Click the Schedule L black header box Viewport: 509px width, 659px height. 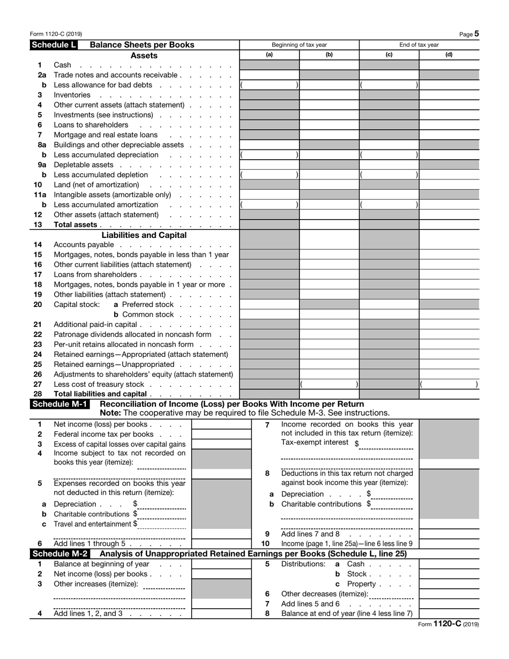click(x=54, y=45)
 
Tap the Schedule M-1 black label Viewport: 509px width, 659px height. click(x=61, y=403)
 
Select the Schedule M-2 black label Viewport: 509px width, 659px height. click(x=61, y=553)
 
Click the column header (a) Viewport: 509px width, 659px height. click(x=269, y=55)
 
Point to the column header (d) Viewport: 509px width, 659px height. click(x=448, y=55)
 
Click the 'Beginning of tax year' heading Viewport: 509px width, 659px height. click(x=299, y=45)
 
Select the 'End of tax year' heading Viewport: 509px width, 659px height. click(x=418, y=45)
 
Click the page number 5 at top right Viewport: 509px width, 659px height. click(x=476, y=34)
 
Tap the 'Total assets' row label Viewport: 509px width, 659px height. click(x=76, y=225)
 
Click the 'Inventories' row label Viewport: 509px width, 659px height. click(x=72, y=95)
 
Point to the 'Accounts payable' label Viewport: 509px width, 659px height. click(x=84, y=245)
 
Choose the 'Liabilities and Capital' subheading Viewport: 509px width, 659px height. click(x=144, y=235)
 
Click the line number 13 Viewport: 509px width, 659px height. click(x=38, y=225)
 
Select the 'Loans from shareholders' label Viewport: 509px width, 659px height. click(x=95, y=274)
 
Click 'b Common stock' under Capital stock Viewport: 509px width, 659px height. click(x=144, y=314)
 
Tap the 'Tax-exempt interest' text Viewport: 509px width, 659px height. click(x=316, y=443)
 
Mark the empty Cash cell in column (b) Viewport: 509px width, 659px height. click(x=328, y=65)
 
